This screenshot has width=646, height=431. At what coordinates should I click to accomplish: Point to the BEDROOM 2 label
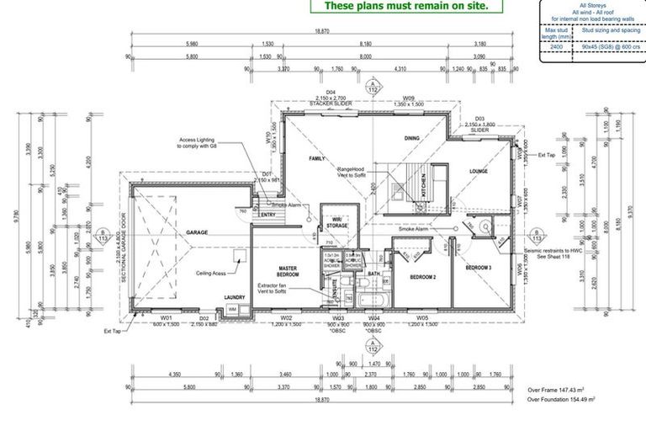(x=422, y=277)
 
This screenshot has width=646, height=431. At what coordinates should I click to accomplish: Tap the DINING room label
(x=411, y=138)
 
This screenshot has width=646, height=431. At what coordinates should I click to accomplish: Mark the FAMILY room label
(x=316, y=158)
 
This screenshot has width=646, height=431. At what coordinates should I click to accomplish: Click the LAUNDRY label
(x=234, y=297)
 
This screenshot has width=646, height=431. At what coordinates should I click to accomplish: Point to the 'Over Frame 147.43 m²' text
(x=560, y=391)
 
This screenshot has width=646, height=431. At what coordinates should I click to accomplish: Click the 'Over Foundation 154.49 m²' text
(x=567, y=401)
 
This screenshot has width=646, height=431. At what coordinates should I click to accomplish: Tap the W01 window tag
(x=166, y=318)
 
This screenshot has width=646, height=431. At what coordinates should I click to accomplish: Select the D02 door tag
(x=204, y=318)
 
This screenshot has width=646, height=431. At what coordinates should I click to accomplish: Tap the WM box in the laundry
(x=233, y=309)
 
